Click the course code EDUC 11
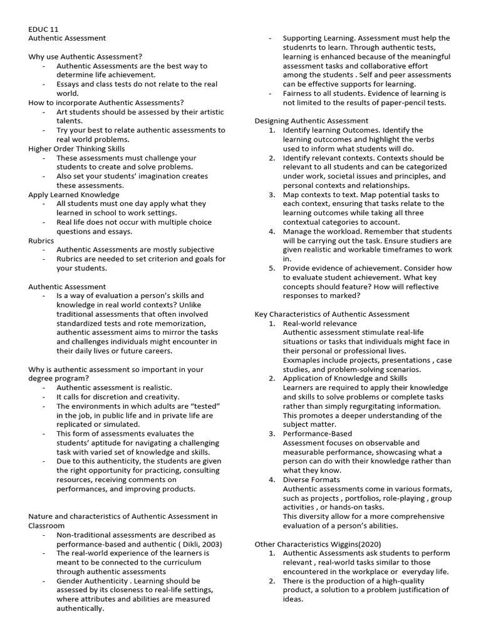coord(43,29)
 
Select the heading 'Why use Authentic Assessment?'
coord(85,56)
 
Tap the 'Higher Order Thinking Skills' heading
coord(76,149)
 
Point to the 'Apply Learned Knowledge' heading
coord(74,195)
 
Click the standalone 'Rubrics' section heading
coord(41,240)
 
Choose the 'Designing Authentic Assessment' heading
coord(311,121)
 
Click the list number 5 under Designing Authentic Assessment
coord(272,268)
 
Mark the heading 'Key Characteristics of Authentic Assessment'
coord(332,314)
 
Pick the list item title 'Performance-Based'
coord(318,433)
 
